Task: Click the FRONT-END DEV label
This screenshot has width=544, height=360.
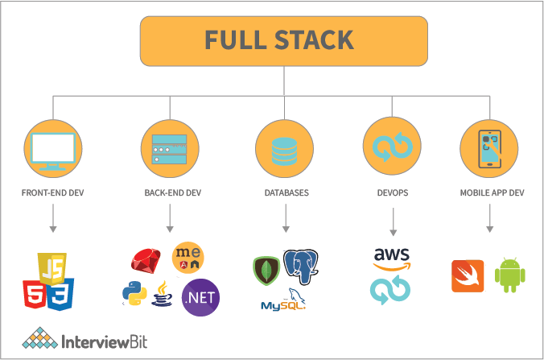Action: [x=52, y=193]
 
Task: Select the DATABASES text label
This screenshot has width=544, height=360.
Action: [x=286, y=193]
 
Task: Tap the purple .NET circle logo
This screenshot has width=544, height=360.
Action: [x=200, y=296]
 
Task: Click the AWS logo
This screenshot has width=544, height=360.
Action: [x=392, y=259]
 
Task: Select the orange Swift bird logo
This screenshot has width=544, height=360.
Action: [x=468, y=276]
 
